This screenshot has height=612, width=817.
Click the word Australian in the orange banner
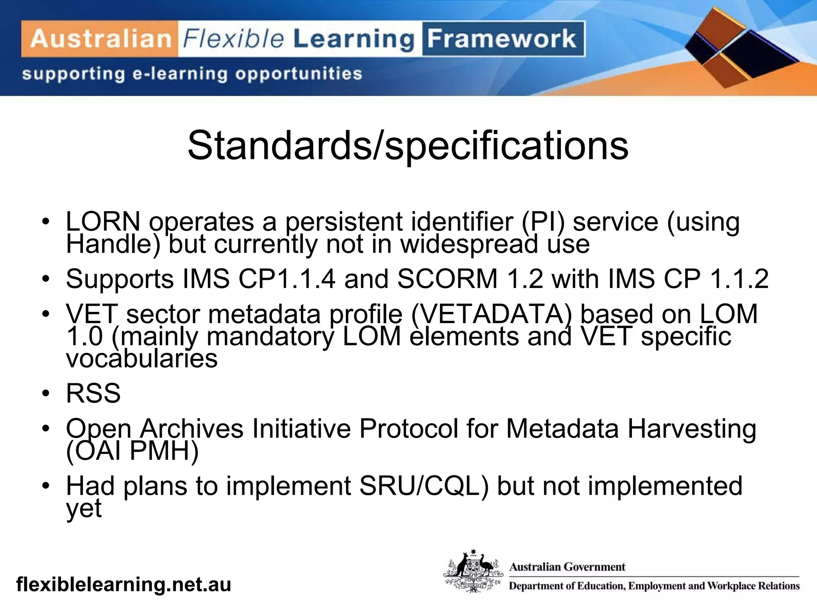(x=101, y=39)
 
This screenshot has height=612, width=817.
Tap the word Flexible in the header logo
(x=233, y=39)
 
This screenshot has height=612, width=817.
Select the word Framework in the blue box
(x=502, y=39)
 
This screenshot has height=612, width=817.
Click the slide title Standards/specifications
(x=408, y=145)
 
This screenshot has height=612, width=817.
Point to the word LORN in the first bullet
(x=103, y=222)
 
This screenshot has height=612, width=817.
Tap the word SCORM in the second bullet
(x=447, y=279)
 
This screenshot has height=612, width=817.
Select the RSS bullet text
(x=93, y=393)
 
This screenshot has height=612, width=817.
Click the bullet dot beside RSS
(x=46, y=394)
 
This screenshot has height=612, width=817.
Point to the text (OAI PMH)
(x=132, y=451)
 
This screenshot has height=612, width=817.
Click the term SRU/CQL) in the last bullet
(x=424, y=486)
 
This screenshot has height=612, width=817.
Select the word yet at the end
(x=84, y=508)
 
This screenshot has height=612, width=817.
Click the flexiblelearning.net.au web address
(x=124, y=585)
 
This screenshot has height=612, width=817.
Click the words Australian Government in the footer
(x=567, y=567)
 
